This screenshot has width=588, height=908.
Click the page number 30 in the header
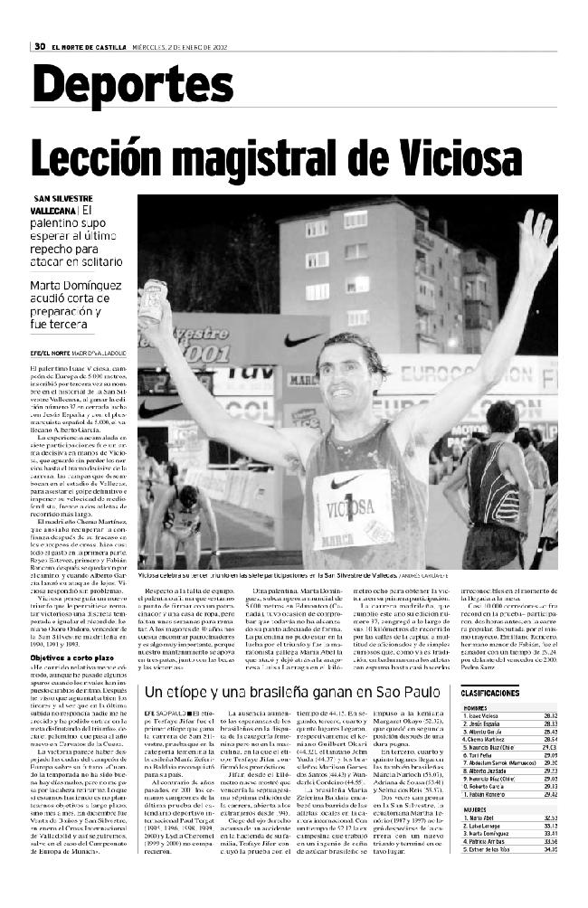pyautogui.click(x=40, y=46)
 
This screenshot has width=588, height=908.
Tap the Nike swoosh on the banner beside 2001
pyautogui.click(x=301, y=341)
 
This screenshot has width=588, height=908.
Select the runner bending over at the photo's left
pyautogui.click(x=185, y=515)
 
